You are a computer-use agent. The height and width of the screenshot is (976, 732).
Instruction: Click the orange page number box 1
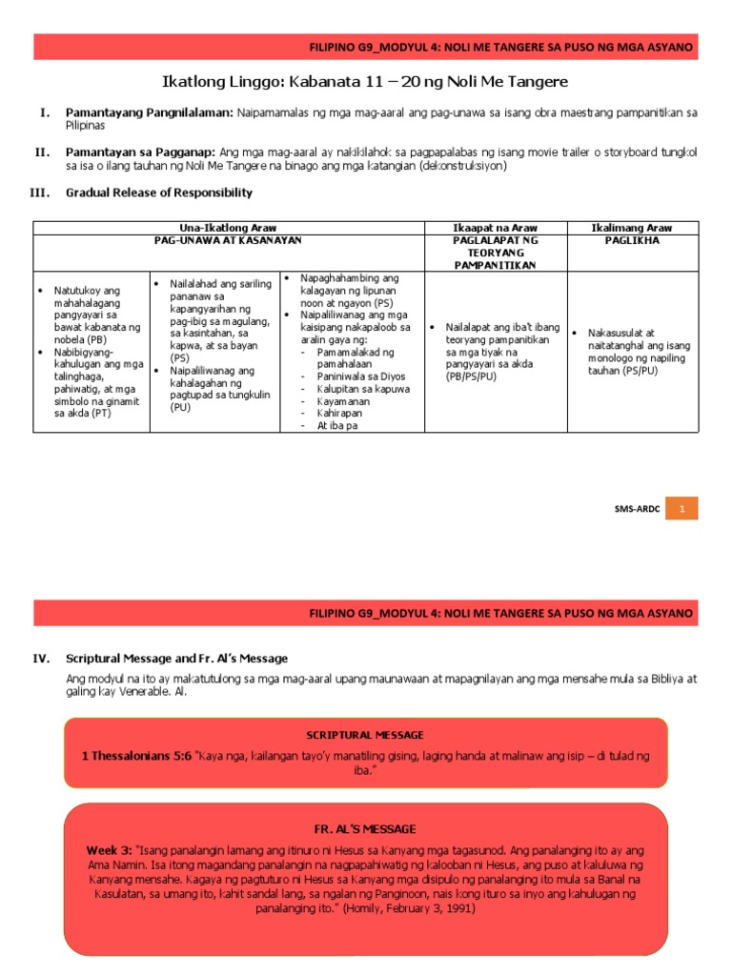point(681,510)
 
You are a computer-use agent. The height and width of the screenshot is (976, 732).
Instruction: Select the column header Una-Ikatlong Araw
point(228,228)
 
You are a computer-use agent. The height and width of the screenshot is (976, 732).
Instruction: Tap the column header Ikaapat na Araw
point(495,228)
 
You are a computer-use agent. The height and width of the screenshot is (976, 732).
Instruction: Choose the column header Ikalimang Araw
point(632,228)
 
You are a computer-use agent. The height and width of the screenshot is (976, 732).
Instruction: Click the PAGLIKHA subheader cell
point(632,241)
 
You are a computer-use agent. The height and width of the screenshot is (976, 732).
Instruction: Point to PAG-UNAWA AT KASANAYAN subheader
point(228,241)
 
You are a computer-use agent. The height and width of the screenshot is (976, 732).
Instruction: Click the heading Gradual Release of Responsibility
point(159,193)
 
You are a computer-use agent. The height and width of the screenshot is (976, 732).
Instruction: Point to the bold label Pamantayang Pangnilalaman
point(150,112)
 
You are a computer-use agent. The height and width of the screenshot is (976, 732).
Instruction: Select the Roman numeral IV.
point(41,659)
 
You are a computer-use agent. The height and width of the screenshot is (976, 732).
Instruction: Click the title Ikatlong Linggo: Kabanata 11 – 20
point(365,82)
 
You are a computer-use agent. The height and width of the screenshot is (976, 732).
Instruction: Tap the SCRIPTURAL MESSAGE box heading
point(365,735)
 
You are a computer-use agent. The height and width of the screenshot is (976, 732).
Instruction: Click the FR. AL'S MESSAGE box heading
point(365,829)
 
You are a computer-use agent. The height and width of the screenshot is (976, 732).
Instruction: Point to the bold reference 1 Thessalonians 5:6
point(136,756)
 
